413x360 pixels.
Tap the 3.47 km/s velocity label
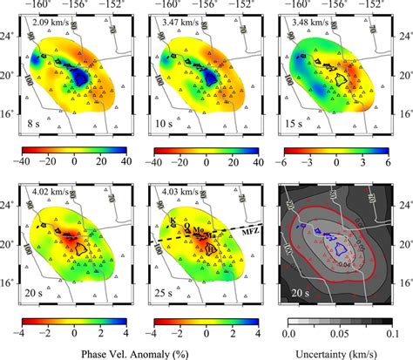(x=179, y=22)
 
